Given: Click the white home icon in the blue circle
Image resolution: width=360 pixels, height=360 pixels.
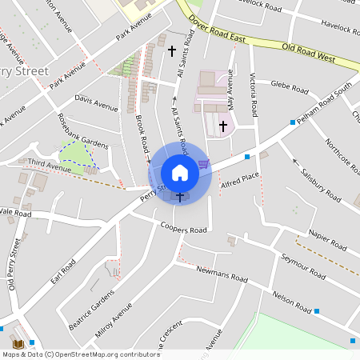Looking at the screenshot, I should (180, 172).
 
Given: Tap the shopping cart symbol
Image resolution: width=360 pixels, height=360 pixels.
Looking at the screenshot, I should (203, 164).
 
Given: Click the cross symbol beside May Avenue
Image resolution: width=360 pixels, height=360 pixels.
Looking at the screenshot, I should (223, 126).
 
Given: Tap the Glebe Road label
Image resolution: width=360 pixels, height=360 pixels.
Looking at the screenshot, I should (290, 84).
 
